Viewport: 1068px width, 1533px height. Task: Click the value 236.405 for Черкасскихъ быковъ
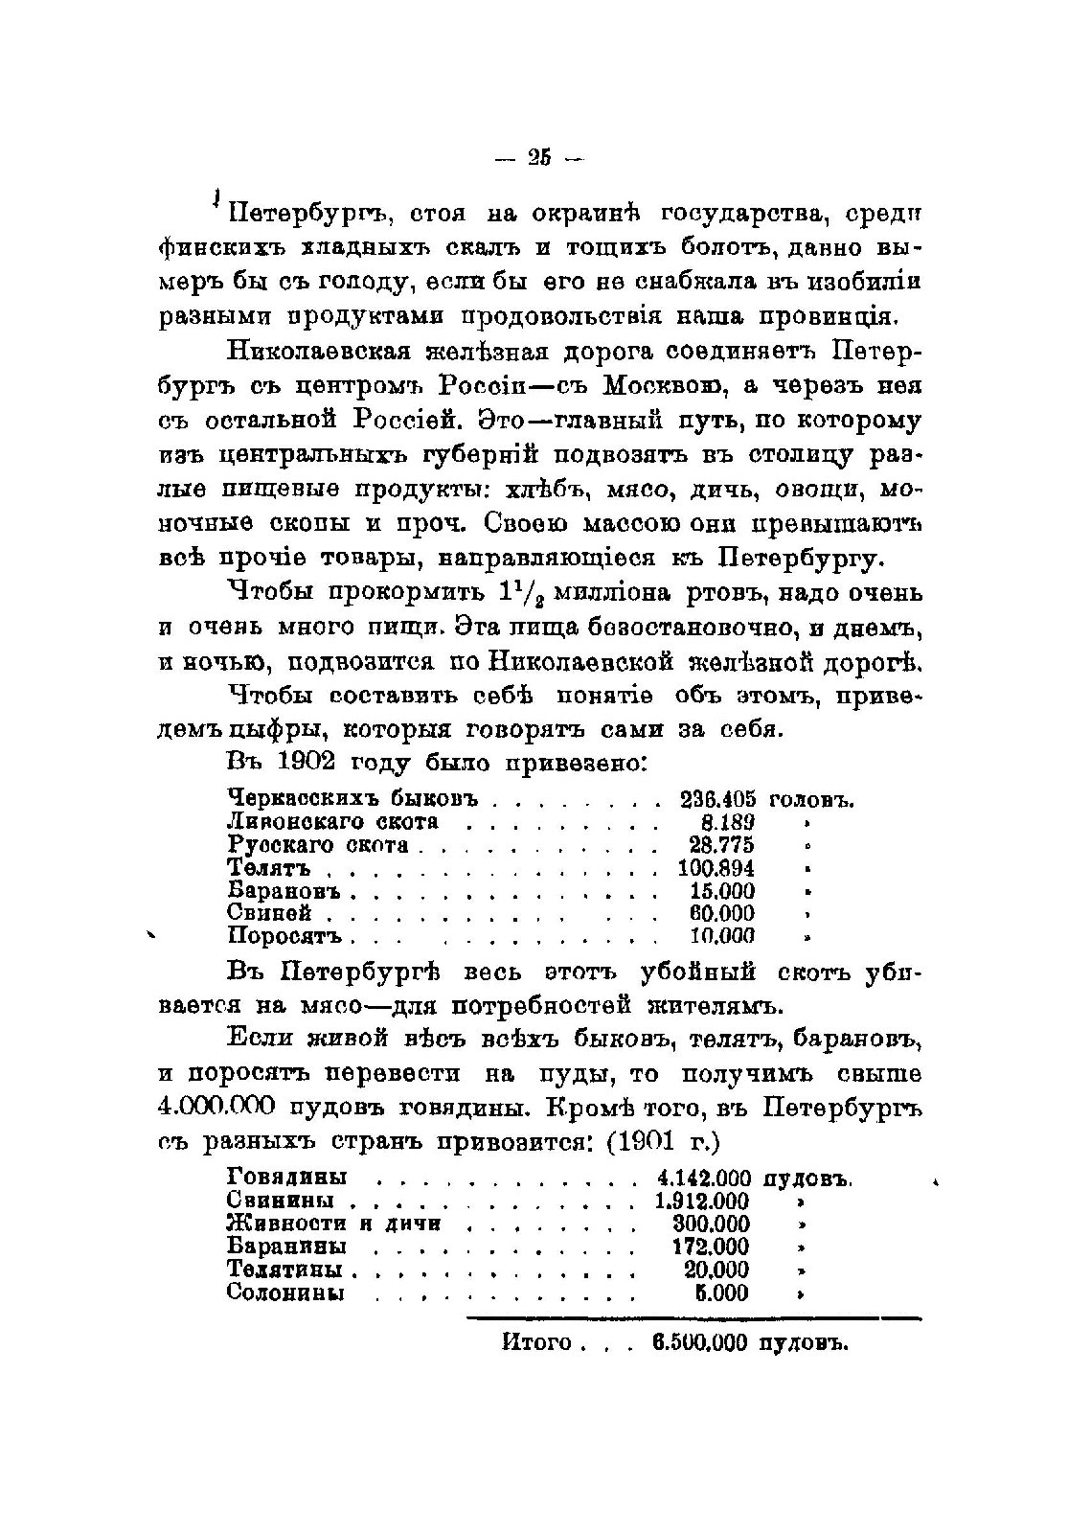click(x=717, y=799)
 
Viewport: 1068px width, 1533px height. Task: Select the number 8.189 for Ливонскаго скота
click(x=728, y=822)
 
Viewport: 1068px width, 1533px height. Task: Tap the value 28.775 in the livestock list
click(x=721, y=845)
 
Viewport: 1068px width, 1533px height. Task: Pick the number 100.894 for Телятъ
click(x=716, y=868)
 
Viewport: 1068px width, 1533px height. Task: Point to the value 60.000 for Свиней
click(x=721, y=914)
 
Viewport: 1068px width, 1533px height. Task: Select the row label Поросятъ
click(x=290, y=937)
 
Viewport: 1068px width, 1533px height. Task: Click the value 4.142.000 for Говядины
click(x=704, y=1178)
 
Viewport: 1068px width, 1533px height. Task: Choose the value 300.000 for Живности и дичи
click(x=711, y=1224)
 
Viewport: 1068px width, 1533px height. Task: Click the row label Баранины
click(x=286, y=1247)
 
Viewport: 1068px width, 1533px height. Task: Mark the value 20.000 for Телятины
click(x=716, y=1270)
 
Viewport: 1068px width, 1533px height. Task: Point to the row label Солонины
click(x=285, y=1293)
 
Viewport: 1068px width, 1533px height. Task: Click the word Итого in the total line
click(x=536, y=1341)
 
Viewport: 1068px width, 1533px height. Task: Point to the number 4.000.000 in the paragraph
click(x=229, y=1108)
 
